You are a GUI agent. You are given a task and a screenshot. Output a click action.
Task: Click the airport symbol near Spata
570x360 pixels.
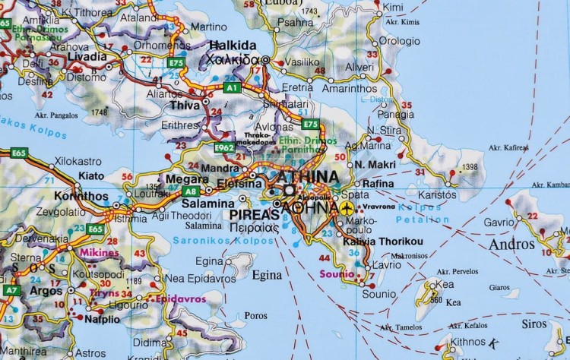click(348, 207)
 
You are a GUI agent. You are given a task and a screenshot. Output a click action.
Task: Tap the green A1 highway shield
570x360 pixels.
click(232, 88)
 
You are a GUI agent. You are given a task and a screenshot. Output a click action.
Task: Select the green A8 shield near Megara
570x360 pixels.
click(191, 191)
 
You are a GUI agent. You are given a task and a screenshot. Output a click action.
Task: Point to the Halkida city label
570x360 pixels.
click(233, 45)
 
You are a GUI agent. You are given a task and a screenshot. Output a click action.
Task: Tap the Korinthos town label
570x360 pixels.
click(84, 195)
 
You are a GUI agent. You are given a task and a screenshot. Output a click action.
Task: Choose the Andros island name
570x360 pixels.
click(511, 245)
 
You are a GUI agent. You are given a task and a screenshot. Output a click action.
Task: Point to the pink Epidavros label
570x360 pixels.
click(181, 299)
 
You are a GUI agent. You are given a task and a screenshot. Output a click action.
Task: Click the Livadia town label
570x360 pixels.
click(87, 57)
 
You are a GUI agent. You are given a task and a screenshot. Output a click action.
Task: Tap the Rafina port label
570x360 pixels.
click(379, 184)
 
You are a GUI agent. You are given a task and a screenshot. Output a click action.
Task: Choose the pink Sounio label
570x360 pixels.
click(337, 273)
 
